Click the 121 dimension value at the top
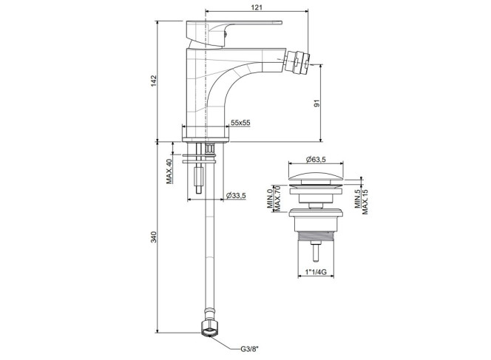(x=257, y=7)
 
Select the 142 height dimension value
(x=154, y=81)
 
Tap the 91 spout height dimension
(x=317, y=103)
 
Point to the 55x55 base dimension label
(x=240, y=123)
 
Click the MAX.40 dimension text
(x=169, y=171)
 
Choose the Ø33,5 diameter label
(x=236, y=196)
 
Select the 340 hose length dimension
(x=154, y=237)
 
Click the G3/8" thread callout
(x=250, y=349)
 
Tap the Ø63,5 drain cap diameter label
(x=316, y=160)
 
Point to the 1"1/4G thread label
(x=316, y=272)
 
